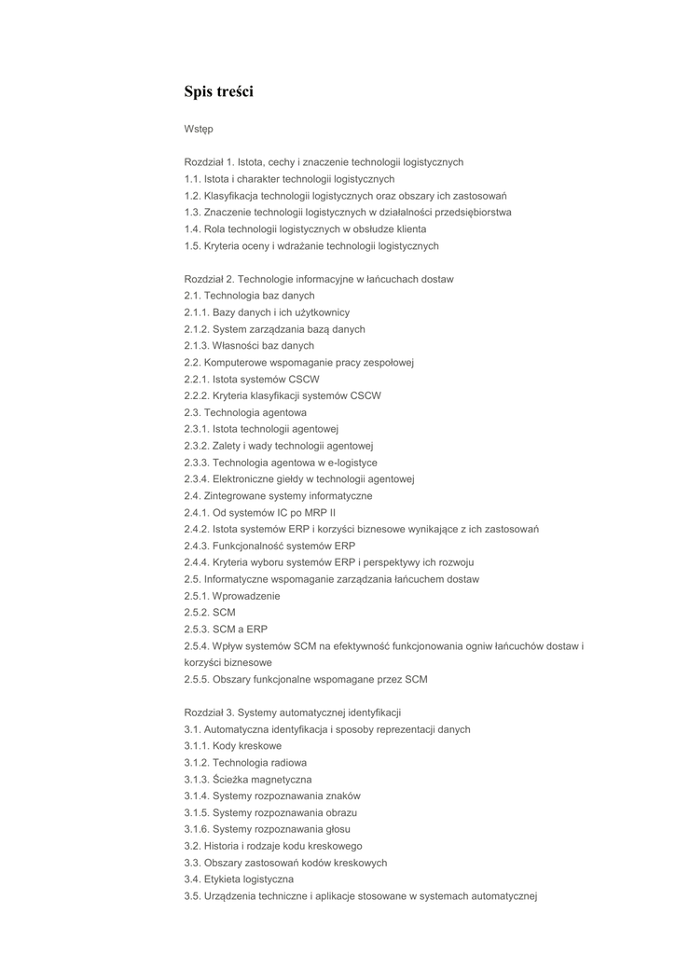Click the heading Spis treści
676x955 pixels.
pyautogui.click(x=218, y=91)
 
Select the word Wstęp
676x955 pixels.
pyautogui.click(x=199, y=129)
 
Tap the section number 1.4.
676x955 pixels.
pyautogui.click(x=192, y=229)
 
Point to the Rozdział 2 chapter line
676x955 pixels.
pyautogui.click(x=319, y=279)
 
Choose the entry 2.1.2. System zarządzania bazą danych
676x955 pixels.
pyautogui.click(x=274, y=329)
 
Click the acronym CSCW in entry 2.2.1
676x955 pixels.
pyautogui.click(x=304, y=379)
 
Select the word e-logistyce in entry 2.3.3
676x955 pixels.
pyautogui.click(x=348, y=463)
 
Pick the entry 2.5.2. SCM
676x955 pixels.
pyautogui.click(x=210, y=613)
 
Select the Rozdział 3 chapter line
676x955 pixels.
pyautogui.click(x=292, y=713)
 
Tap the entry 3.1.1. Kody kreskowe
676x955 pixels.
pyautogui.click(x=232, y=746)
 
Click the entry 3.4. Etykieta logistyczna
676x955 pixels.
pyautogui.click(x=239, y=879)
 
